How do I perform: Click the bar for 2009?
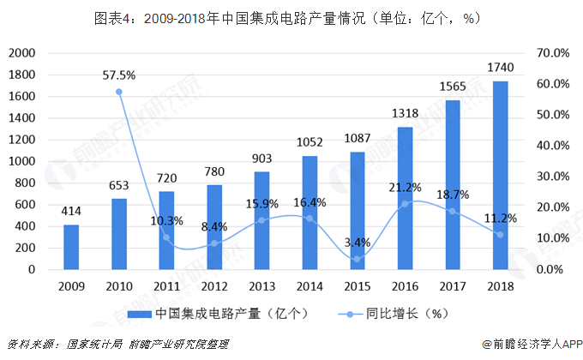click(x=71, y=247)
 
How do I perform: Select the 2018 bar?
click(x=501, y=175)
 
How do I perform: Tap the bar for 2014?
click(x=310, y=213)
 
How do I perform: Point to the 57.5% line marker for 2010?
click(x=119, y=92)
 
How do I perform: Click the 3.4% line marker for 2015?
click(x=358, y=259)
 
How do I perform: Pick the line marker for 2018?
click(x=500, y=235)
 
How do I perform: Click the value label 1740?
click(x=501, y=68)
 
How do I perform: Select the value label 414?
click(x=71, y=211)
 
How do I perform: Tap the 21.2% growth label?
click(x=405, y=188)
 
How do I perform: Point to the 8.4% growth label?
click(x=214, y=226)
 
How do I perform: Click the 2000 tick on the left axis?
click(x=22, y=53)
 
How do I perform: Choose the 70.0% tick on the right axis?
click(x=553, y=53)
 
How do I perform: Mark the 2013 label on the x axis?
click(x=261, y=286)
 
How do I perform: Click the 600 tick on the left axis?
click(x=25, y=205)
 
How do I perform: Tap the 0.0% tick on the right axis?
click(x=550, y=269)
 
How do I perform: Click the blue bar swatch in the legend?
click(x=140, y=315)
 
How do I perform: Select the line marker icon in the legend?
click(x=350, y=315)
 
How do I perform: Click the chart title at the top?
click(x=288, y=18)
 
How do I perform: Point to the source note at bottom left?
click(x=117, y=345)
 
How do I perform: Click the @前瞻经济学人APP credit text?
click(x=532, y=345)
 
